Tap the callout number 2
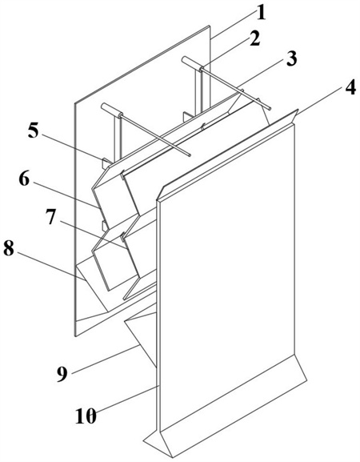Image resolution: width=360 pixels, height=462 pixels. (x=254, y=38)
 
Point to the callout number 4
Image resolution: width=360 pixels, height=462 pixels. (x=350, y=86)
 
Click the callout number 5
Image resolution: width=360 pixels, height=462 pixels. (x=34, y=131)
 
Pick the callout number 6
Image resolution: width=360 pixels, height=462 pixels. (x=24, y=179)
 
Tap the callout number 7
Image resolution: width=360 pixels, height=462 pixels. (x=50, y=218)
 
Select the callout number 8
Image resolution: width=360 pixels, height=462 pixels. (x=9, y=249)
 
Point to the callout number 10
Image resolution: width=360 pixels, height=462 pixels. (x=86, y=416)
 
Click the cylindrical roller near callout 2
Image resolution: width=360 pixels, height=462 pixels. (x=190, y=62)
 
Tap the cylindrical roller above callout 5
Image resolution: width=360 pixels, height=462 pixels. (x=111, y=110)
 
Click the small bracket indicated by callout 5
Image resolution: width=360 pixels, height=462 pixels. (x=106, y=163)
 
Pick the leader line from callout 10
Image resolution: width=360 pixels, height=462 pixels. (x=126, y=400)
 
